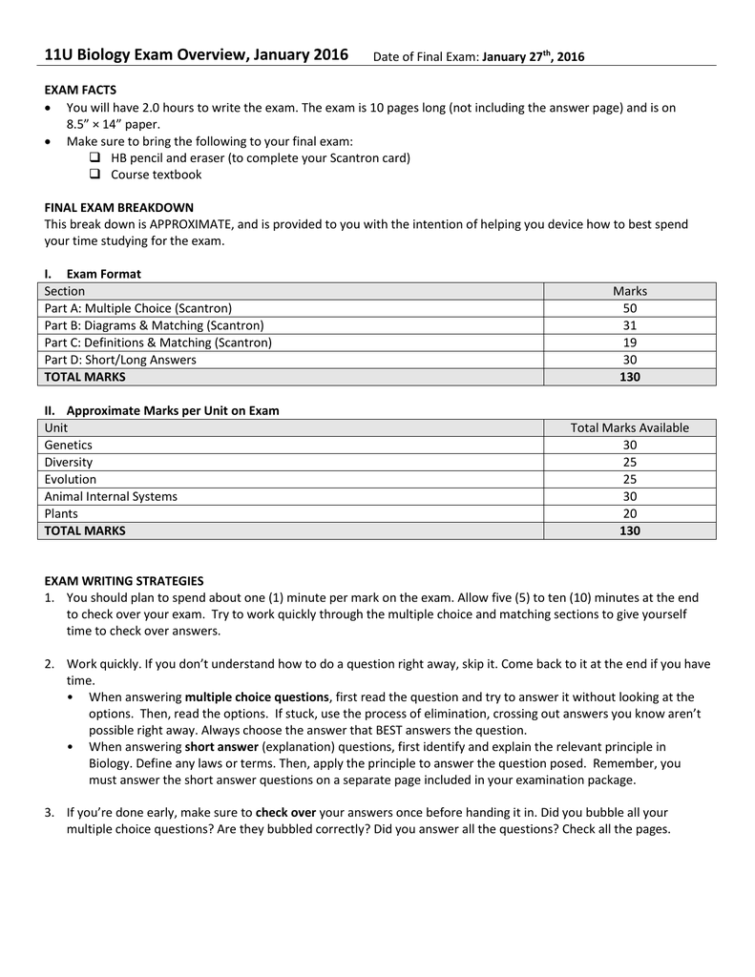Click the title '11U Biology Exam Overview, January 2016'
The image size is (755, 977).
196,54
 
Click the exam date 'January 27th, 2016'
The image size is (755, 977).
533,57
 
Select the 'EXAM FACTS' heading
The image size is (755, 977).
80,90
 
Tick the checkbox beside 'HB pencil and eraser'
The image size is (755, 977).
94,157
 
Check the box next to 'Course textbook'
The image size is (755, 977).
94,175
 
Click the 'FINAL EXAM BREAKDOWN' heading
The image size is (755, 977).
118,207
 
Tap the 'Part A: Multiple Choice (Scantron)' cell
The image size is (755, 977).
138,308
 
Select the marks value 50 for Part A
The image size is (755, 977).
629,308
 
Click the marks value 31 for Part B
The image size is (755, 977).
629,325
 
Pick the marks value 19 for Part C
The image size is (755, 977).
629,343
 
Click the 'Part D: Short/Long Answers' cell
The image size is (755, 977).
120,360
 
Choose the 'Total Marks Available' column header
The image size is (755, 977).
629,427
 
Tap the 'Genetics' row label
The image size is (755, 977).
69,445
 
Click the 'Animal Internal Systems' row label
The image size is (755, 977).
111,496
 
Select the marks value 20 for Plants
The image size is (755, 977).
629,513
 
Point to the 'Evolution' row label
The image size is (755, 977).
71,479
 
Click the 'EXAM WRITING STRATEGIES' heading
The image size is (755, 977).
124,580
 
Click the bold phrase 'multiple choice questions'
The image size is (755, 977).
257,696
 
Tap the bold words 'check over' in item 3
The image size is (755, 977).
285,812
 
